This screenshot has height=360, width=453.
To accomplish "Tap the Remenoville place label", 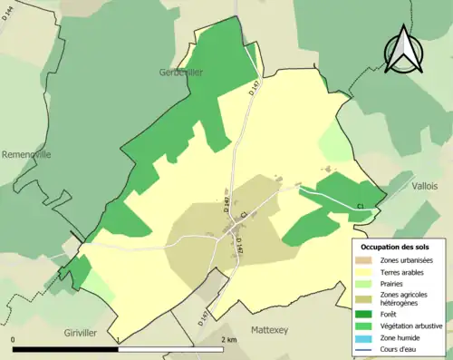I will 26,154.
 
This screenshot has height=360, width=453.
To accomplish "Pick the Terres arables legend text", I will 408,270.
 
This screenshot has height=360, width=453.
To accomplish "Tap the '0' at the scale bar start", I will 14,340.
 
